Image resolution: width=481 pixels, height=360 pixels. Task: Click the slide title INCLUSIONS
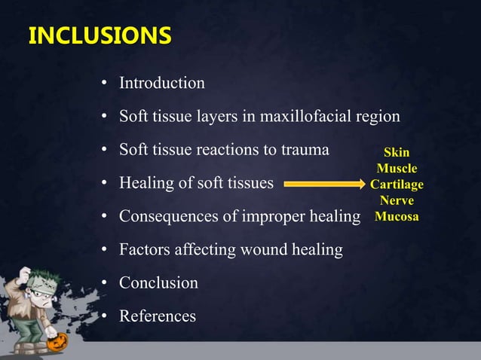(x=99, y=36)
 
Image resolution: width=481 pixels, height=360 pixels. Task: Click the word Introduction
(x=161, y=83)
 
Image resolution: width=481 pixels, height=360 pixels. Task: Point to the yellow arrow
(x=324, y=183)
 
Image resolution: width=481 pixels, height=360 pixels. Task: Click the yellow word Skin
(x=397, y=153)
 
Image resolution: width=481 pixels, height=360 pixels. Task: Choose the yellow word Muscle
(x=397, y=169)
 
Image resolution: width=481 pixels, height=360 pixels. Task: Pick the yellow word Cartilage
(x=397, y=185)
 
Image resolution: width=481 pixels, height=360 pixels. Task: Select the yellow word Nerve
(x=397, y=201)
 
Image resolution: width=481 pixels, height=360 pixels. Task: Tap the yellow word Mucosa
(x=397, y=217)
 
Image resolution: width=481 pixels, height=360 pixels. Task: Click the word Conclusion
(x=158, y=283)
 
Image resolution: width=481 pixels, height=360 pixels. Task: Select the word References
(x=158, y=316)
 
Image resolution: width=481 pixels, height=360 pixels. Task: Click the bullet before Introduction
(x=106, y=84)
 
